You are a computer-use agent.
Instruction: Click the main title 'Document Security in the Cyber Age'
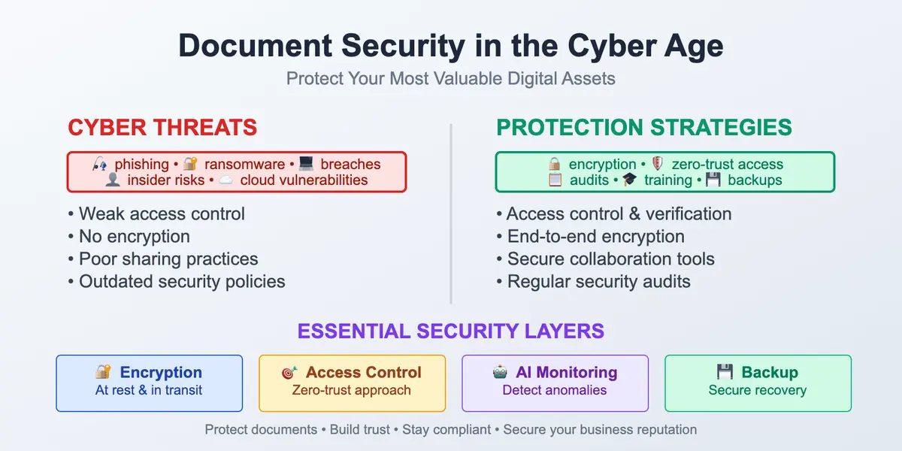(450, 47)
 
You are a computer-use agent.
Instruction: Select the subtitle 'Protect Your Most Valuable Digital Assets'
(450, 79)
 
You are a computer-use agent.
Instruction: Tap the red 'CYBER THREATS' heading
(162, 128)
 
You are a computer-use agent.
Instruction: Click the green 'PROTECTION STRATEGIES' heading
(644, 128)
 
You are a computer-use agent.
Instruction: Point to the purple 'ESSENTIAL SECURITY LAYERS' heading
(450, 331)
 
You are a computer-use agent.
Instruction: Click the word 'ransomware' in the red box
(244, 165)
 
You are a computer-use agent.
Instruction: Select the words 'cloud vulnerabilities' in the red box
(304, 180)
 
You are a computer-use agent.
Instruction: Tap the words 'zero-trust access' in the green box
(727, 165)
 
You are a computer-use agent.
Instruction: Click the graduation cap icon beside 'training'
(629, 180)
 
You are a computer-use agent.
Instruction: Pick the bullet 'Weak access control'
(162, 214)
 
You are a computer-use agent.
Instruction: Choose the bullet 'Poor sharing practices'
(168, 259)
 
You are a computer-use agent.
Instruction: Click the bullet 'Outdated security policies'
(182, 282)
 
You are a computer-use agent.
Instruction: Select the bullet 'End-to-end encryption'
(595, 237)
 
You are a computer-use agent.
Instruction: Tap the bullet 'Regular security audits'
(598, 282)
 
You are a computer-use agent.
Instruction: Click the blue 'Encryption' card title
(161, 373)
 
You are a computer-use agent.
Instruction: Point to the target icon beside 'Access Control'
(290, 373)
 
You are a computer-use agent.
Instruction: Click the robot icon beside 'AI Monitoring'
(500, 373)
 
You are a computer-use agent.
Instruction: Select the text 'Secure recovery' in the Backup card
(757, 391)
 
